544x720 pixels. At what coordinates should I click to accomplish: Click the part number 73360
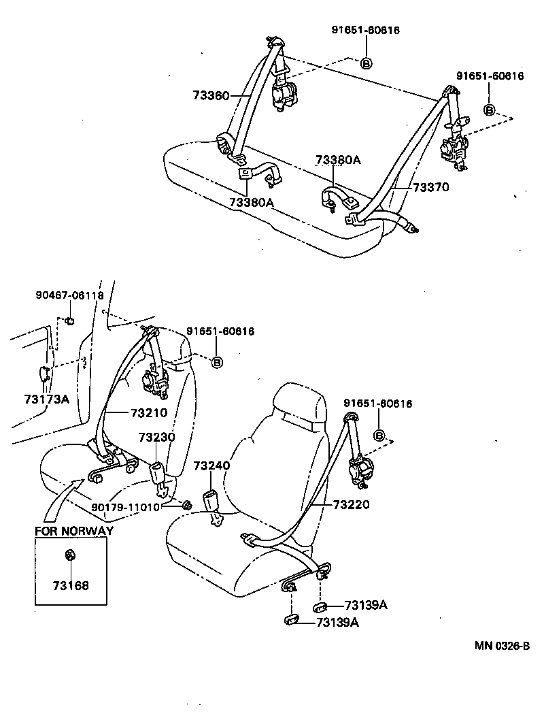point(211,95)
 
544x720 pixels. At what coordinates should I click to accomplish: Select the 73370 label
point(429,187)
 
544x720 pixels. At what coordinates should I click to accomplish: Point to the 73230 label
point(157,437)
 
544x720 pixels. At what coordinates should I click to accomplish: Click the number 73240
point(212,466)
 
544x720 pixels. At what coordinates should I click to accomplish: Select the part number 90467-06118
point(69,295)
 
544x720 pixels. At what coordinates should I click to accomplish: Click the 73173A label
point(46,399)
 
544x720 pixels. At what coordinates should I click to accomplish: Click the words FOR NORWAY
point(74,531)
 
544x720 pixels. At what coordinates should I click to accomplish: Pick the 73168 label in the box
point(71,585)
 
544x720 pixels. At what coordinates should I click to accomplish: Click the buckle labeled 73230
point(157,474)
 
